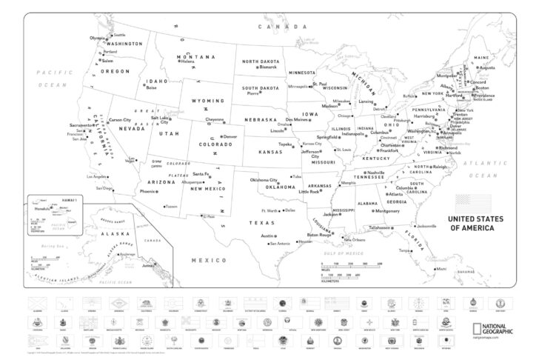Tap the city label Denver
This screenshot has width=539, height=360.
[230, 137]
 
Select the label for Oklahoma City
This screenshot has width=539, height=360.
[264, 180]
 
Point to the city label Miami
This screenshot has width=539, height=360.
[442, 269]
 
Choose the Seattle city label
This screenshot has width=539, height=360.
[119, 35]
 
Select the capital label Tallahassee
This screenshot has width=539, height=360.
[379, 227]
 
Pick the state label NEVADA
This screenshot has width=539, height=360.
[132, 128]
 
